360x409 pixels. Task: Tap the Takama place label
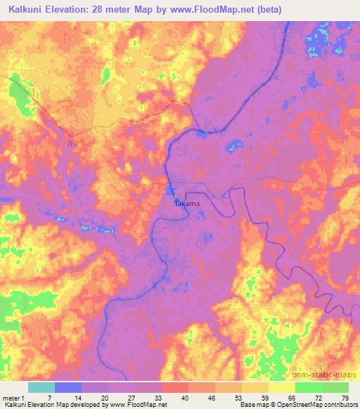(x=187, y=204)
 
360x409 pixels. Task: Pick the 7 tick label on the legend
(x=54, y=398)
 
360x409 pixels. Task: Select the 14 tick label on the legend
(x=82, y=398)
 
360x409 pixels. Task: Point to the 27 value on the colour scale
(x=135, y=398)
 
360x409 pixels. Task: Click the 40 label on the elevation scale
(x=188, y=398)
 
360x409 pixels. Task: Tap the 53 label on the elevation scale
(x=242, y=398)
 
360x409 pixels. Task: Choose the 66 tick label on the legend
(x=295, y=398)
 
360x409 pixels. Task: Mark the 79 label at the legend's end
(x=345, y=398)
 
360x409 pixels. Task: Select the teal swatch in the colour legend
(x=41, y=387)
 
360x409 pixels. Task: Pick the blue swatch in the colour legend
(x=68, y=387)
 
